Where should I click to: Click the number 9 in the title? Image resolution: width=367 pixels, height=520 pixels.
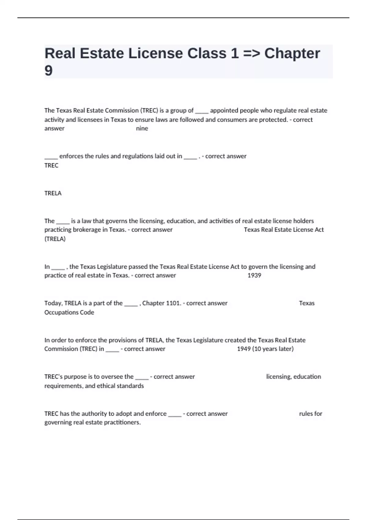[49, 71]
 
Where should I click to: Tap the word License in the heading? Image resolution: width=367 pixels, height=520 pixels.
[155, 54]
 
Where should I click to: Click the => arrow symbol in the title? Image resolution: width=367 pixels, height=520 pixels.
[252, 54]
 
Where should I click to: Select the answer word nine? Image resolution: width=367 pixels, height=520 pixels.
[142, 128]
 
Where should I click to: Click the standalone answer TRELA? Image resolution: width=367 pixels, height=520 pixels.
[53, 193]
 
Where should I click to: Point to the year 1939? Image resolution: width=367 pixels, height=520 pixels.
[254, 275]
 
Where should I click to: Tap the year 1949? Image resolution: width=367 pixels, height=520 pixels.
[244, 349]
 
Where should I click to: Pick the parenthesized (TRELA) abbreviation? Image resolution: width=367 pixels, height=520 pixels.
[55, 239]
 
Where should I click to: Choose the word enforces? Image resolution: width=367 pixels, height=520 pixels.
[71, 156]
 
